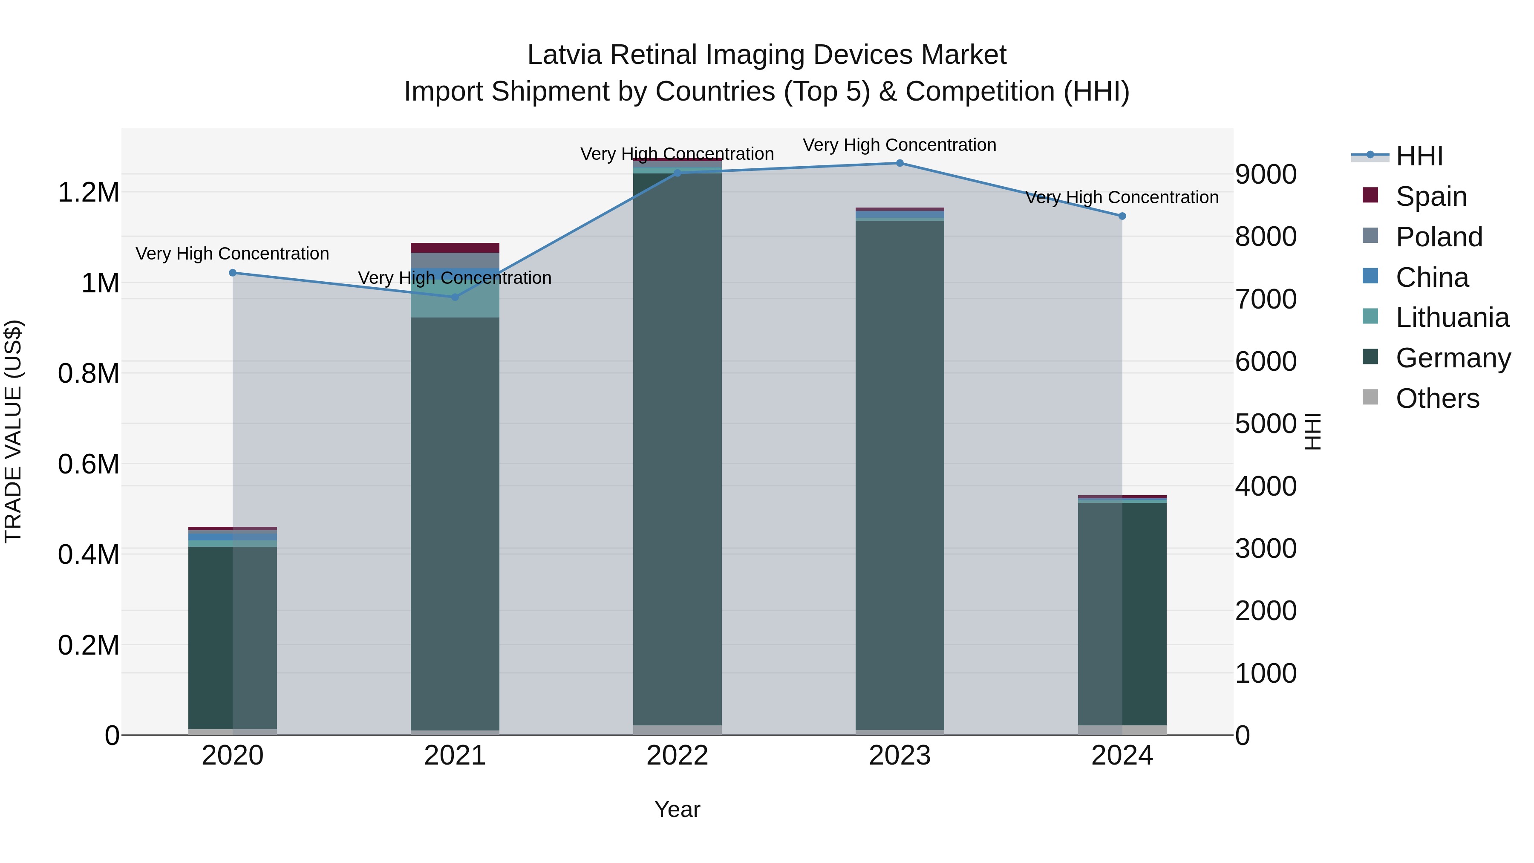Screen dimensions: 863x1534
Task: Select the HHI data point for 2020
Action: click(233, 273)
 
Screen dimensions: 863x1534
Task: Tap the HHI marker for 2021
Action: click(455, 297)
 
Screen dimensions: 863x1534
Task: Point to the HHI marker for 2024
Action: click(1122, 216)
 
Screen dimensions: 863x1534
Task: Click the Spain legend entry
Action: click(1430, 196)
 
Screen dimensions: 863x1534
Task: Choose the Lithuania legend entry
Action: click(1451, 317)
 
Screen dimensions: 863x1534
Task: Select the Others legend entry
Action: click(1436, 398)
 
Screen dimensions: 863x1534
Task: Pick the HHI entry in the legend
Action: click(1419, 156)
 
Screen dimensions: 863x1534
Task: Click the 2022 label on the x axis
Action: click(677, 756)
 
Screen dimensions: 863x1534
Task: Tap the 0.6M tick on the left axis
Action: click(89, 464)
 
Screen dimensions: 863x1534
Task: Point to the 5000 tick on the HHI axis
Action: click(1266, 424)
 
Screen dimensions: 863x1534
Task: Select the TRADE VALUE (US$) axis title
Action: click(13, 431)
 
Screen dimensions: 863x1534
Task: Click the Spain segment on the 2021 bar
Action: click(455, 248)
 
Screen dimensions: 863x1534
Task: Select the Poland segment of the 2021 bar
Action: click(455, 260)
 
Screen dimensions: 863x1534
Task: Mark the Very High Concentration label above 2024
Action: click(1122, 197)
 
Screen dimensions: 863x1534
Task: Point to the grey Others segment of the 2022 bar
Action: click(677, 730)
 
